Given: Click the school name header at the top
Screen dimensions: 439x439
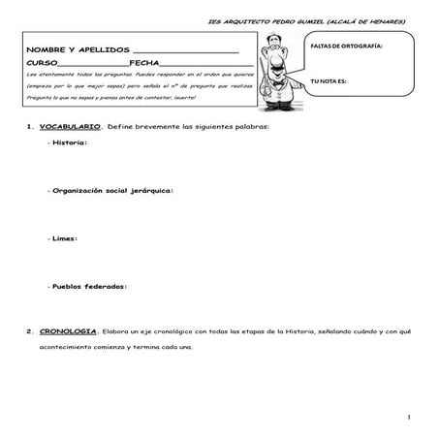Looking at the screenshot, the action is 307,20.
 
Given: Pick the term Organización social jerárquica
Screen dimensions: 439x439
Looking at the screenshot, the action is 111,191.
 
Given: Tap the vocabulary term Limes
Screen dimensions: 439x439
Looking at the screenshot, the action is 64,237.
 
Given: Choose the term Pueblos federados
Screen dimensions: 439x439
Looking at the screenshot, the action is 89,286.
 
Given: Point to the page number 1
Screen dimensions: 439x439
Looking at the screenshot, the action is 412,418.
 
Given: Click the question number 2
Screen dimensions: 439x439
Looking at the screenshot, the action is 29,331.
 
